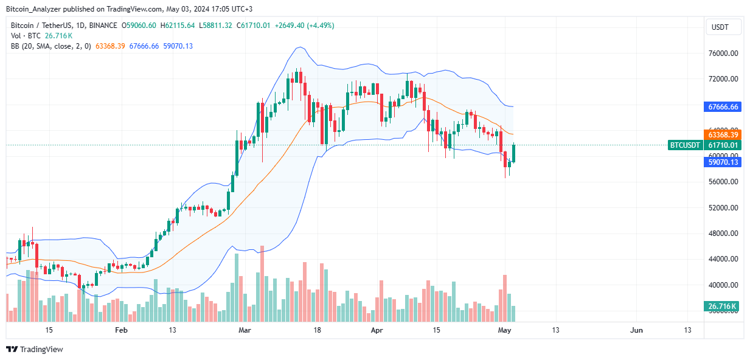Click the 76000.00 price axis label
tap(723, 54)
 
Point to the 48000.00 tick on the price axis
tap(723, 234)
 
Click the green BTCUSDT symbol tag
tap(685, 145)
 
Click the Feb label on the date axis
tap(121, 330)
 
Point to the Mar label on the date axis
tap(245, 330)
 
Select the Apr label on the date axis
tap(378, 330)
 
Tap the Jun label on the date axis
tap(636, 330)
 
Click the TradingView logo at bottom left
tap(35, 349)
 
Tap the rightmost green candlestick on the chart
tap(514, 153)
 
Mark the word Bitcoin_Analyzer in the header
tap(32, 9)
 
